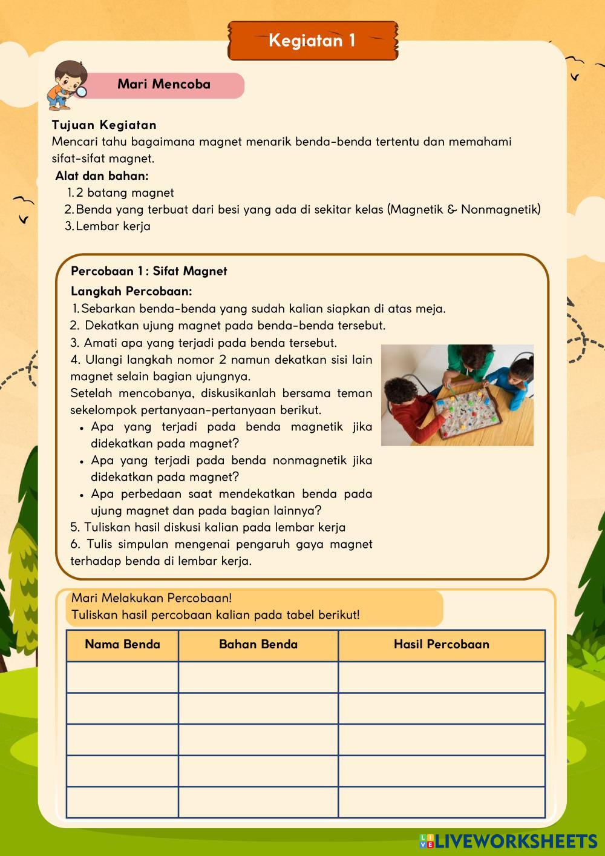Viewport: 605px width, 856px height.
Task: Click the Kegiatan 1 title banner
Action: click(312, 41)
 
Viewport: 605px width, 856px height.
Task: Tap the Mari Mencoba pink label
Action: click(164, 85)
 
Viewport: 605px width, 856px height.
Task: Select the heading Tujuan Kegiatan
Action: click(104, 125)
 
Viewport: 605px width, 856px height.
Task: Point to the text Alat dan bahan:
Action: click(102, 176)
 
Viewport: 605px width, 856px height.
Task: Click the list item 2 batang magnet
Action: click(125, 193)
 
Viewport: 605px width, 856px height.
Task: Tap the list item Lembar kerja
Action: click(113, 226)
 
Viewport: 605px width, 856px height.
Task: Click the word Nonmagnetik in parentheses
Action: click(500, 209)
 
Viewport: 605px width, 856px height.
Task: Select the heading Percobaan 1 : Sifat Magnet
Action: click(149, 271)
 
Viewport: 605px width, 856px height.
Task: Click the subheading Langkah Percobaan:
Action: click(131, 291)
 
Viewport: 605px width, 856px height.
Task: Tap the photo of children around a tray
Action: click(457, 395)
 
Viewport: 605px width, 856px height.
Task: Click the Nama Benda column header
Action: click(122, 645)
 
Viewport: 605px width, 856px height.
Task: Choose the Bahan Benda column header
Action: click(258, 645)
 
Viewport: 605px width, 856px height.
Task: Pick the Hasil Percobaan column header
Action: click(441, 645)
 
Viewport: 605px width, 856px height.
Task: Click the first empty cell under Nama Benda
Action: click(122, 677)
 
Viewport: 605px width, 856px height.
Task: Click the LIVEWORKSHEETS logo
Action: click(508, 841)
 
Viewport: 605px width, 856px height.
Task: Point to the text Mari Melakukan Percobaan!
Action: click(151, 598)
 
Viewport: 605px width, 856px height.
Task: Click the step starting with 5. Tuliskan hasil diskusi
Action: click(208, 527)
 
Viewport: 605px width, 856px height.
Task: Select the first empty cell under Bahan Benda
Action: click(258, 677)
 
